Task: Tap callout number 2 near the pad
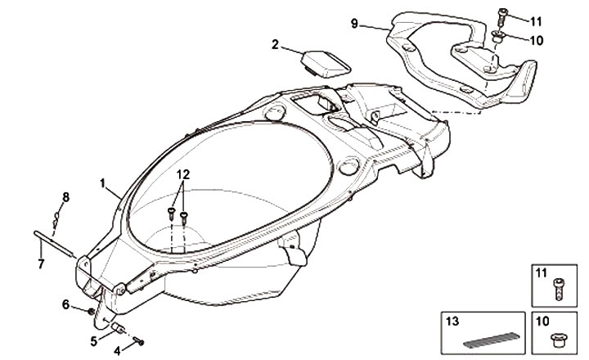coord(275,44)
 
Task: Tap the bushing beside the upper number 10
coord(497,37)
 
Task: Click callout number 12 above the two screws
coord(182,174)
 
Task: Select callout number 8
coord(66,196)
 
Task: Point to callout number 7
coord(41,263)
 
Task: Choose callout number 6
coord(66,304)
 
